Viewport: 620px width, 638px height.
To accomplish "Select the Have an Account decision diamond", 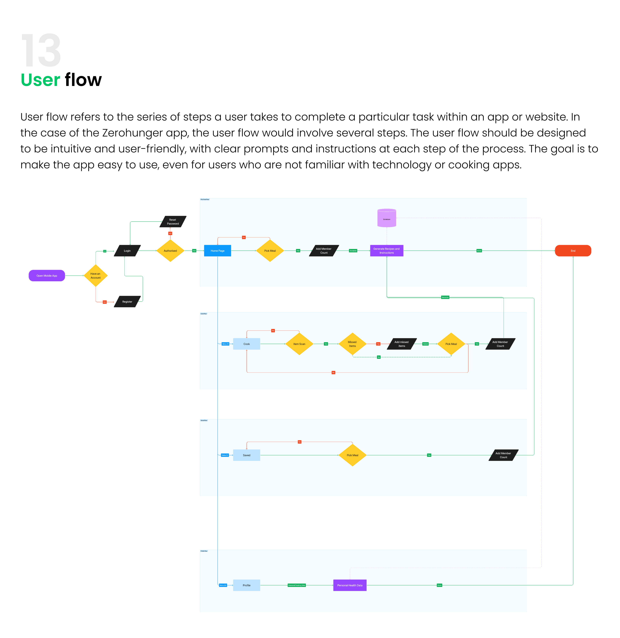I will [95, 276].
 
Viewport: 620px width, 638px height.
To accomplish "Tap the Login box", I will [127, 251].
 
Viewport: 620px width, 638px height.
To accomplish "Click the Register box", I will [127, 302].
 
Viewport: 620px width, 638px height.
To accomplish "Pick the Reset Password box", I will [173, 221].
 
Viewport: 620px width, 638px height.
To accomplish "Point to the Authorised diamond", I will [170, 251].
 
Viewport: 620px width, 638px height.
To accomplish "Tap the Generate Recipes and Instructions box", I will [387, 251].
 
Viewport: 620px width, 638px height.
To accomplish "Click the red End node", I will [573, 251].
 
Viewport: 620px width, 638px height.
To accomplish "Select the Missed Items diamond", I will [352, 344].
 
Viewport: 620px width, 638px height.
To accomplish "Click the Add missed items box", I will [402, 344].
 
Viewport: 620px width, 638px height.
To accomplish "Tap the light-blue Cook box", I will [247, 344].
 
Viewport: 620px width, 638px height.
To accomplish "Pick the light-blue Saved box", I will [247, 455].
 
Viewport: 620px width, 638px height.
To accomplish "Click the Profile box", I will [247, 585].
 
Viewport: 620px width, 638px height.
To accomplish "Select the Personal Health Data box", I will [350, 585].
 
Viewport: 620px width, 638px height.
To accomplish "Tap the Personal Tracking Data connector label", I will [297, 585].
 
